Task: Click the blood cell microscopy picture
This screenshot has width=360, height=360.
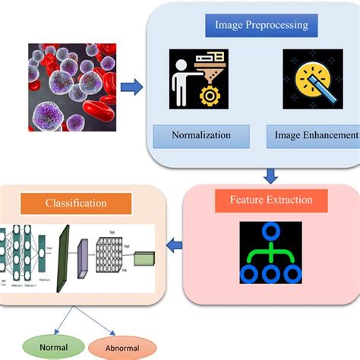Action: click(x=71, y=84)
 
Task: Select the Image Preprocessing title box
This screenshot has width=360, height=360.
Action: click(x=261, y=25)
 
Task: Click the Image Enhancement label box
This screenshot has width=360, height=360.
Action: click(x=313, y=135)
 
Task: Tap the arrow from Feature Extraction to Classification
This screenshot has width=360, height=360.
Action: click(x=174, y=245)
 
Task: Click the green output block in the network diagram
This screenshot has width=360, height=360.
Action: click(x=144, y=260)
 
